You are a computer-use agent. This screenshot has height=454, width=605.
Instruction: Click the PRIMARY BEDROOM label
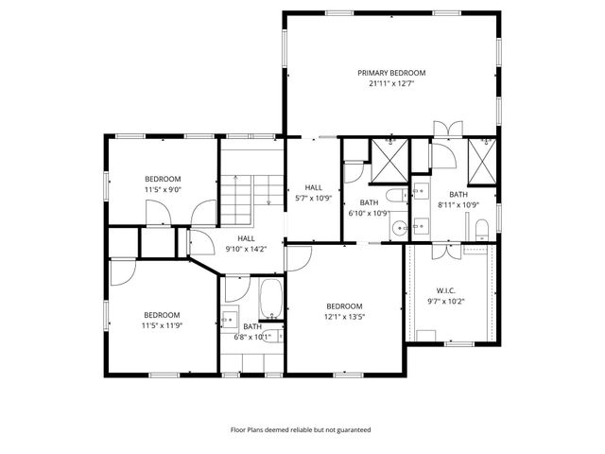pyautogui.click(x=391, y=73)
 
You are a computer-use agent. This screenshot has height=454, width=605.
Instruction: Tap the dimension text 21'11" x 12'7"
pyautogui.click(x=391, y=83)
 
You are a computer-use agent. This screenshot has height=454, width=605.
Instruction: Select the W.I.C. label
pyautogui.click(x=446, y=290)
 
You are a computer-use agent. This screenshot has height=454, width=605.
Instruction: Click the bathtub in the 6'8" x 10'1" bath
pyautogui.click(x=270, y=301)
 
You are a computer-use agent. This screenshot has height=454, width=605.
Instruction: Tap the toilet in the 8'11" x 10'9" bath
pyautogui.click(x=481, y=226)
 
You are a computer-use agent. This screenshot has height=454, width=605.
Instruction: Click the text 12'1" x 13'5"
pyautogui.click(x=344, y=317)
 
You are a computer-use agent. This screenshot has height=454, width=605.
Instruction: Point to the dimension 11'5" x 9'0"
pyautogui.click(x=163, y=189)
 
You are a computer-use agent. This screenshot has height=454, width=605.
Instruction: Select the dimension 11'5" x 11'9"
pyautogui.click(x=163, y=325)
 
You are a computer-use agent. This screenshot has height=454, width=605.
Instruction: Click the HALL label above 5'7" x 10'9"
pyautogui.click(x=314, y=187)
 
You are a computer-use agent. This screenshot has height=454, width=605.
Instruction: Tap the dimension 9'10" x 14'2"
pyautogui.click(x=246, y=249)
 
